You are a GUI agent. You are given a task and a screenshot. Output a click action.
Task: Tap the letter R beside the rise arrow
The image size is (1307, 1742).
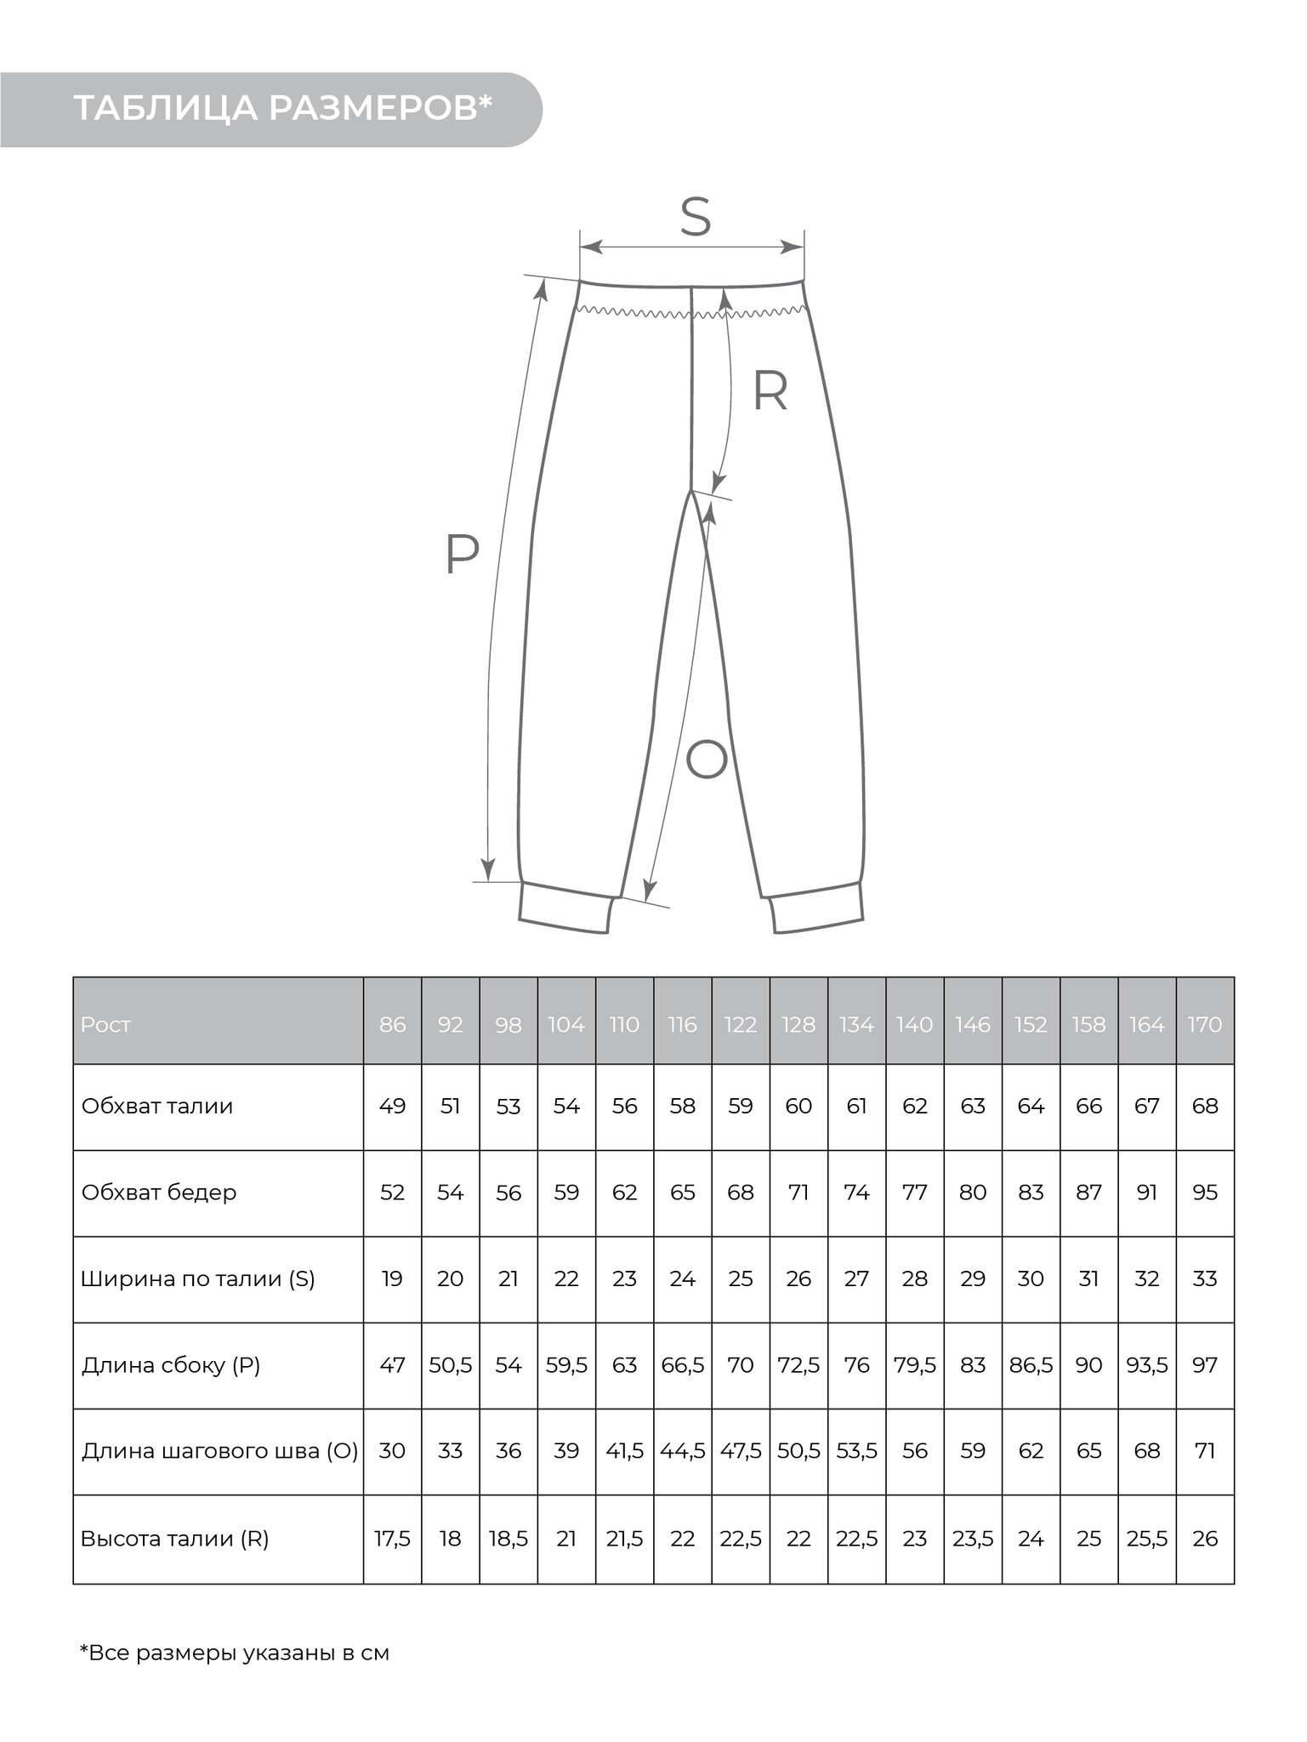point(770,392)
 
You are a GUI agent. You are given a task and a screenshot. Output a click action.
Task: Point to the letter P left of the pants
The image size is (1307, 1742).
point(463,555)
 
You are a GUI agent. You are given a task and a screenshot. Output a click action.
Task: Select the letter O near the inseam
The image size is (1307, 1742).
point(706,760)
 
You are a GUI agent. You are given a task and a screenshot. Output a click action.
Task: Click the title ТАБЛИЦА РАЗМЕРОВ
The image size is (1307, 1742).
point(283,109)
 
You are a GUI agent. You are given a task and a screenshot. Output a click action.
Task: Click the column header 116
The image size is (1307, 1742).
point(683,1025)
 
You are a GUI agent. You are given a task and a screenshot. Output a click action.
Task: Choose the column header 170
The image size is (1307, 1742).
point(1205,1025)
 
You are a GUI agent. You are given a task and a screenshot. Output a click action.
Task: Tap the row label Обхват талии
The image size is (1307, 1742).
point(157,1107)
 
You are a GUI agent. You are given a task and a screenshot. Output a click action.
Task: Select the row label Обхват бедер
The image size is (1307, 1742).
point(159,1193)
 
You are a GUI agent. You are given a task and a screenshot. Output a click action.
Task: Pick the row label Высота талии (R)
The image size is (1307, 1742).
point(175,1539)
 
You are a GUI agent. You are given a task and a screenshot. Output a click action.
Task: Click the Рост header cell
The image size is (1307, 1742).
point(106,1025)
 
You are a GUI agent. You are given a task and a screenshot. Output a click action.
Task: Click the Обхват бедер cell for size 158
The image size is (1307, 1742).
point(1088,1193)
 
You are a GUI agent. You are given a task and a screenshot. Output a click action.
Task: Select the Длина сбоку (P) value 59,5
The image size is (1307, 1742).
point(566,1365)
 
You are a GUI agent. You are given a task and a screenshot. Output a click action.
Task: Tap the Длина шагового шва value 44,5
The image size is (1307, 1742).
point(683,1451)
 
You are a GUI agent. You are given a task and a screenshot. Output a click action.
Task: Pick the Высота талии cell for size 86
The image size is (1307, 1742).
point(392,1539)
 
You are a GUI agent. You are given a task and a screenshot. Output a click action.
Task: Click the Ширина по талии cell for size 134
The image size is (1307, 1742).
point(856,1279)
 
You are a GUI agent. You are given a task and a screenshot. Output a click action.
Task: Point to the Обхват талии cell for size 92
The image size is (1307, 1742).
point(450,1107)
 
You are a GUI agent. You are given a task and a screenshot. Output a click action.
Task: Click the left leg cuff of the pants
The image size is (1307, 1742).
point(565,908)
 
